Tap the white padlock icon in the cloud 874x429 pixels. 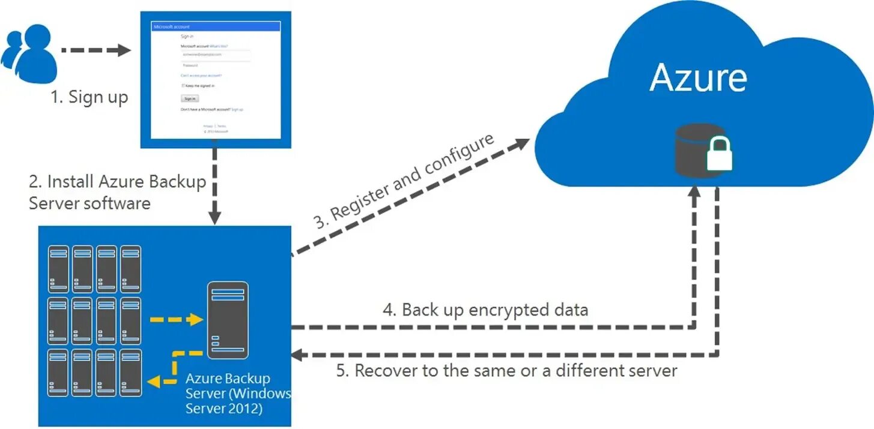point(719,154)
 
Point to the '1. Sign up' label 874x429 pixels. point(90,97)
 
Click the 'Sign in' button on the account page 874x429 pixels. point(190,98)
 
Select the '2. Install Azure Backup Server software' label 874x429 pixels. point(117,192)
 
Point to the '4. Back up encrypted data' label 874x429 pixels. point(485,310)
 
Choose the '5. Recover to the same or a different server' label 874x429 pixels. point(506,370)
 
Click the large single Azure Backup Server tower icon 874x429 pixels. point(228,320)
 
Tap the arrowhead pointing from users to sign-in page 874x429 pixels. point(124,50)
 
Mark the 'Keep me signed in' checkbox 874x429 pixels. point(183,86)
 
